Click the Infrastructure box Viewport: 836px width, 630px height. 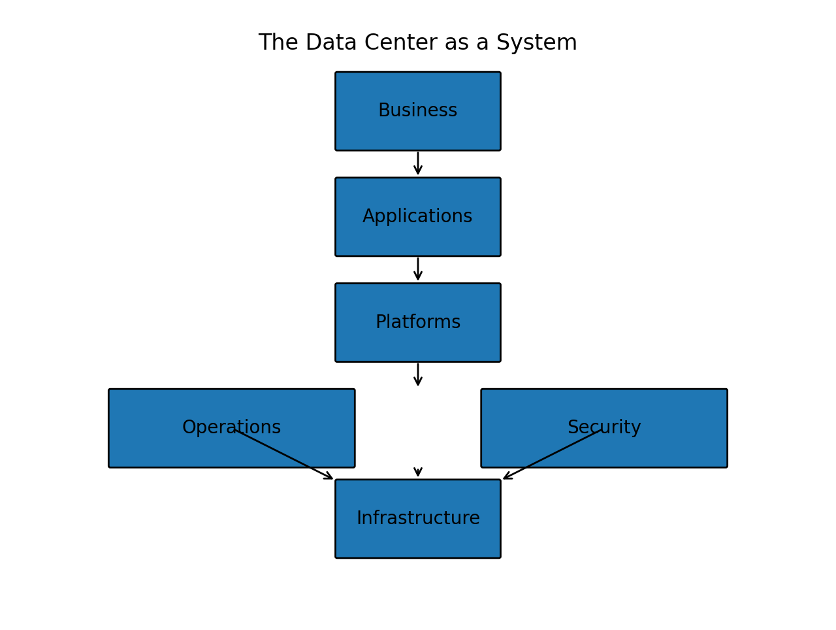pyautogui.click(x=418, y=542)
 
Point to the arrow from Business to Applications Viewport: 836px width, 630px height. pyautogui.click(x=418, y=163)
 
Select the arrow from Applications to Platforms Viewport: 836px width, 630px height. pyautogui.click(x=418, y=269)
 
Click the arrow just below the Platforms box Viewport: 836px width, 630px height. pyautogui.click(x=418, y=374)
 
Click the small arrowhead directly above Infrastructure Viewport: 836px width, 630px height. pyautogui.click(x=418, y=472)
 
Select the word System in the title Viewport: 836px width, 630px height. pyautogui.click(x=536, y=43)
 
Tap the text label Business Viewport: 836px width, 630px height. pyautogui.click(x=418, y=111)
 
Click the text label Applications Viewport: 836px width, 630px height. pyautogui.click(x=418, y=217)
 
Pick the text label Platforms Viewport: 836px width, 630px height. pyautogui.click(x=418, y=323)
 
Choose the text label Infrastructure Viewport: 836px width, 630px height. pyautogui.click(x=418, y=519)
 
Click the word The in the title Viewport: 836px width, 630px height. pyautogui.click(x=278, y=43)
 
